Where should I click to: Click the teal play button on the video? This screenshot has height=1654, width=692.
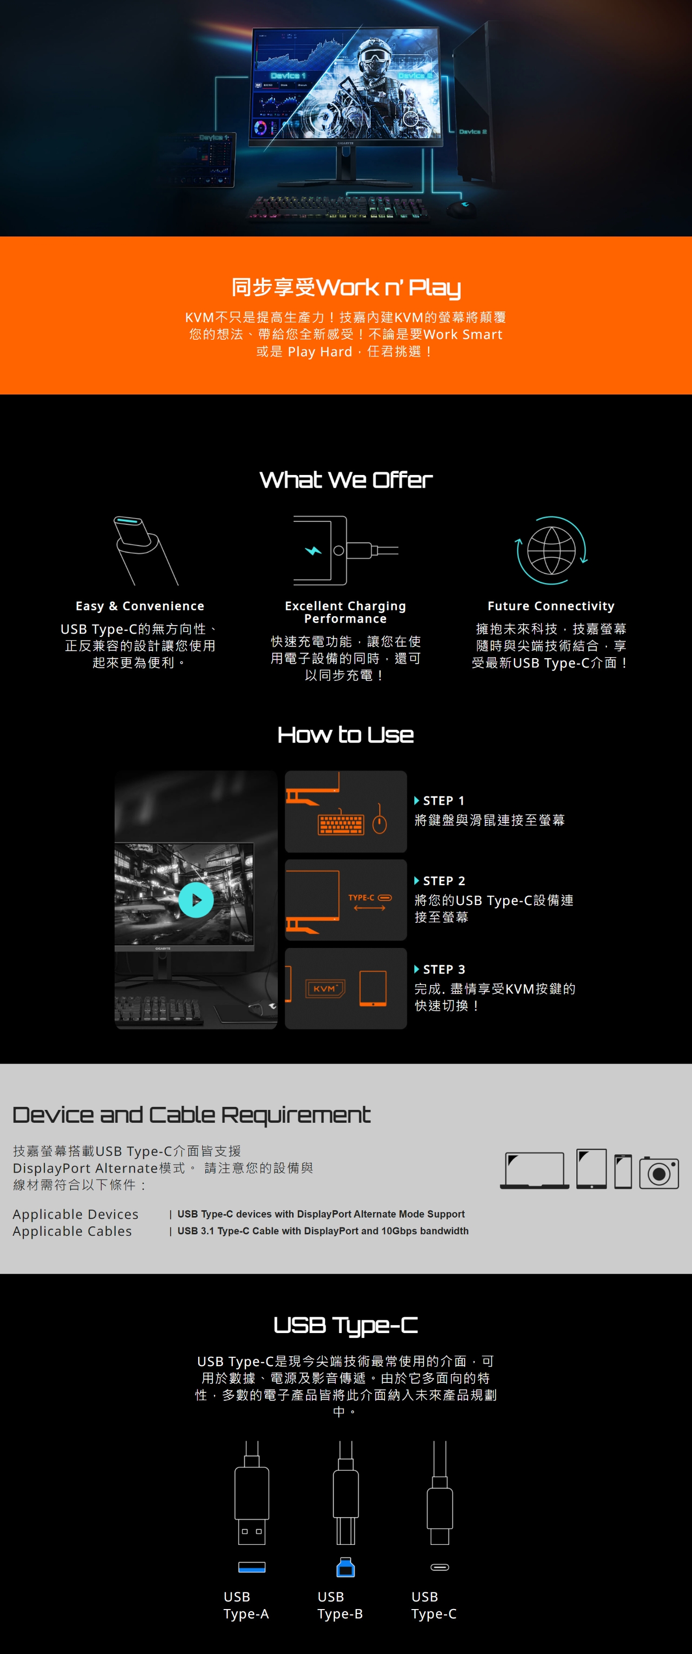[196, 900]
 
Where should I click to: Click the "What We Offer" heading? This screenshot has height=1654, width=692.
[346, 479]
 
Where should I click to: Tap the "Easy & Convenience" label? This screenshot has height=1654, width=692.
[140, 606]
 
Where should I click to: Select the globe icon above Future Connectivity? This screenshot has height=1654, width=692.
[551, 550]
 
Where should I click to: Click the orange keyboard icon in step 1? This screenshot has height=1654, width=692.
[341, 825]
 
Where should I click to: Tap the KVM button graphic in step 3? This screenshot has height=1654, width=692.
[326, 989]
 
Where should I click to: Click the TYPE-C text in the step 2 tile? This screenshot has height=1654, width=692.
[361, 898]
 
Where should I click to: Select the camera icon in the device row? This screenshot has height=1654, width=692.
[658, 1173]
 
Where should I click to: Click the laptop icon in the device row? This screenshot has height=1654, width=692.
[535, 1170]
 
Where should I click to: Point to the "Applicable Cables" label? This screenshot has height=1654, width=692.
[73, 1231]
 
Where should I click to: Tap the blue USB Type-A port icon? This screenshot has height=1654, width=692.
[252, 1567]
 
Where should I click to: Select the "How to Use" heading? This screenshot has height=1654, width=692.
[346, 735]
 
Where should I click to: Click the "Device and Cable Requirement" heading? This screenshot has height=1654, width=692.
[191, 1115]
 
